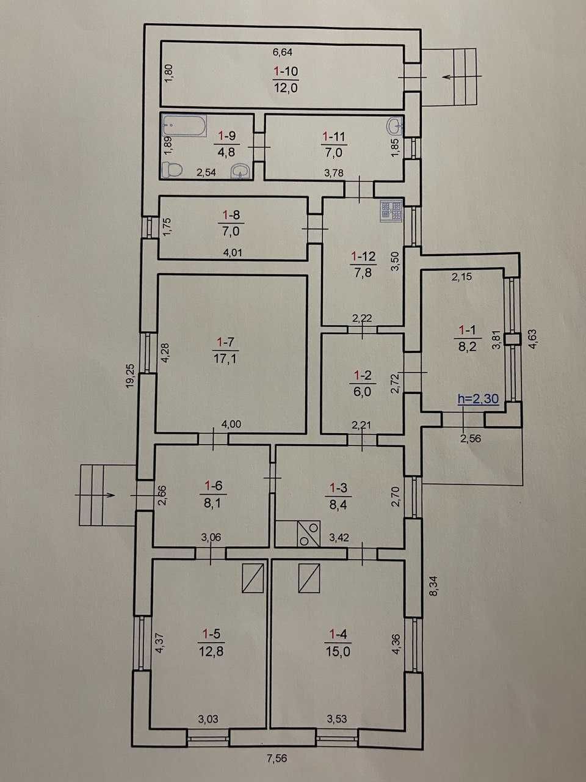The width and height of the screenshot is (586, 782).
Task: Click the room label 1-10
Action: click(x=286, y=71)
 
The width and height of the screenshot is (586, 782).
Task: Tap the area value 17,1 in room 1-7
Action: click(x=225, y=359)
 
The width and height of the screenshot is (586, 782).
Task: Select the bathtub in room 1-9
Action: click(x=184, y=125)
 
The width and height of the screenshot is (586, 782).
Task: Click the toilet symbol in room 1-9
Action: click(x=172, y=170)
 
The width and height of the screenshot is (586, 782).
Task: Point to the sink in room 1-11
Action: click(x=394, y=126)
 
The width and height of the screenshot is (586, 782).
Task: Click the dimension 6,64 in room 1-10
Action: click(x=282, y=53)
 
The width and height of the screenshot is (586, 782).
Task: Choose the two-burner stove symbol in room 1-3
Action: click(x=309, y=534)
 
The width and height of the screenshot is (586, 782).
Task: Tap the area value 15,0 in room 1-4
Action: click(x=337, y=652)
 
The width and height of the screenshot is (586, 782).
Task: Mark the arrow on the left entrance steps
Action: click(x=95, y=495)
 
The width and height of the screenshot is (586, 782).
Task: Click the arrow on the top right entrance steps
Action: click(x=462, y=76)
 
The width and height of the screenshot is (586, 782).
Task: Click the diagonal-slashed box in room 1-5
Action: click(x=253, y=578)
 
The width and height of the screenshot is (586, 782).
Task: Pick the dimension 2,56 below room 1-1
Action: click(x=471, y=438)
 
